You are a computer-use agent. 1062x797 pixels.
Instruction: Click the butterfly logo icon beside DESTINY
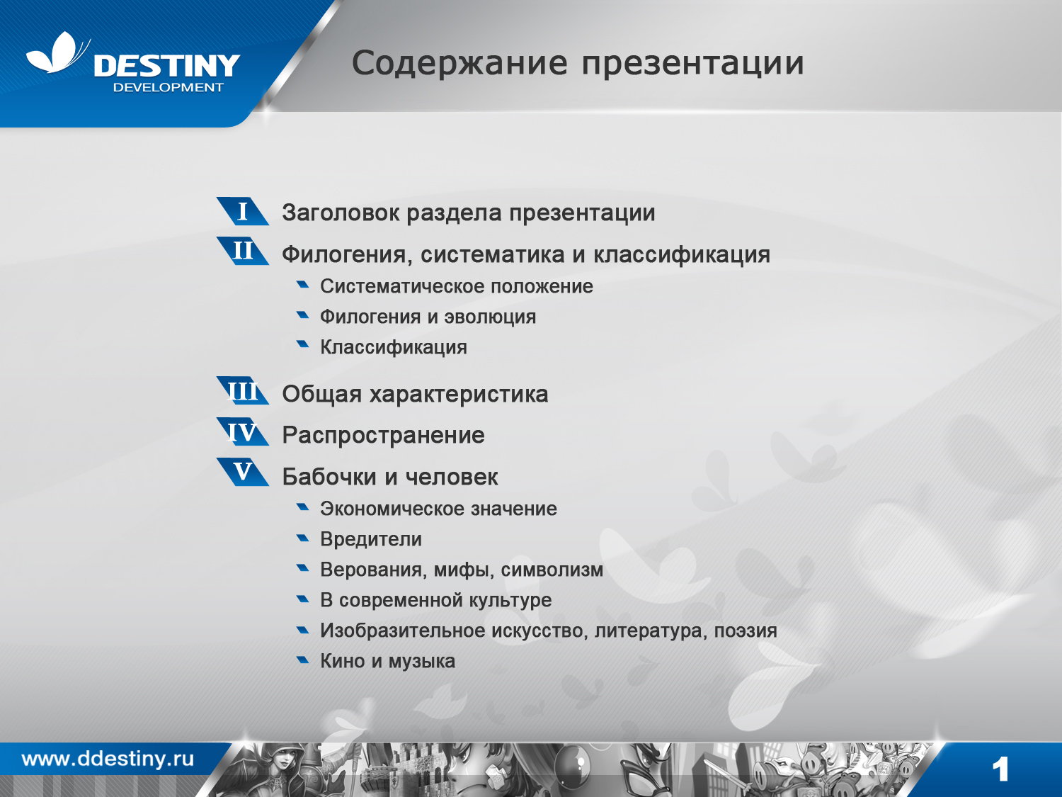point(57,53)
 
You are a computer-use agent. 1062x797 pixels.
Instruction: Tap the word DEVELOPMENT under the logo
point(168,88)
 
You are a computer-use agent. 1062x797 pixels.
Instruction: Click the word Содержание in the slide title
point(459,63)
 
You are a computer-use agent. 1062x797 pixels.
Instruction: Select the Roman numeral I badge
point(243,211)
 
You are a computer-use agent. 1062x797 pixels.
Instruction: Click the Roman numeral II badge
point(243,251)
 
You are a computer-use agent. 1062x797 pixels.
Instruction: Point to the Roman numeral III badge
point(243,391)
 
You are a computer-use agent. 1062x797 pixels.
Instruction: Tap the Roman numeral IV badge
point(243,432)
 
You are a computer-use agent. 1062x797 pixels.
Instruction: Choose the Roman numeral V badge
point(243,472)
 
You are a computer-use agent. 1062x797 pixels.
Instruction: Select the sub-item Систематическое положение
point(456,286)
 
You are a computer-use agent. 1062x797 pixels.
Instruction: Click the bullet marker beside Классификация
point(303,345)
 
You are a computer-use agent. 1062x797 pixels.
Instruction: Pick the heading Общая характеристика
point(415,395)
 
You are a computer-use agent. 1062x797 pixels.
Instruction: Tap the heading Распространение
point(383,435)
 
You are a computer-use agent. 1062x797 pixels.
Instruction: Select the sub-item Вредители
point(370,539)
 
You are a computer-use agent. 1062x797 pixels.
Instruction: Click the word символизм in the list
point(552,570)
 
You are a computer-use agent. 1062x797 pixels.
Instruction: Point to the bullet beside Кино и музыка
point(303,660)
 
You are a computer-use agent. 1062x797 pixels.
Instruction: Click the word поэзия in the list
point(745,631)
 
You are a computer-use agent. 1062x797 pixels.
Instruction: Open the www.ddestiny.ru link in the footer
point(108,759)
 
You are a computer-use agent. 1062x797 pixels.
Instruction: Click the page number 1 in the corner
point(1000,769)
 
